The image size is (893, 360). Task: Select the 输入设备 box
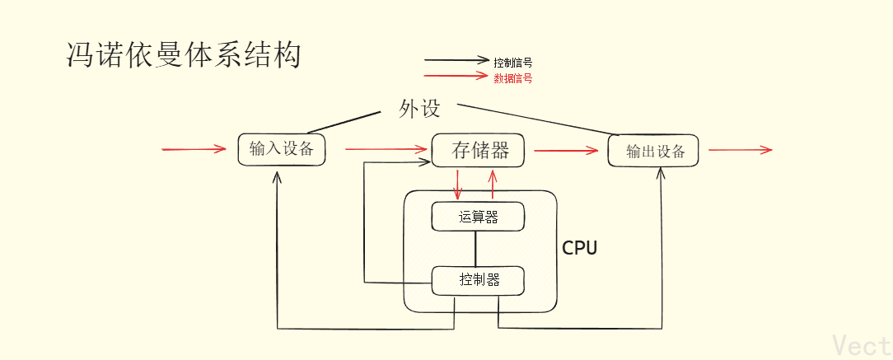[281, 149]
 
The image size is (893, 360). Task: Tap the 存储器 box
[479, 150]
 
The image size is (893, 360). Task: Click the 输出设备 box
[655, 152]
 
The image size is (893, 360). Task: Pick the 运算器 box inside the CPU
[478, 217]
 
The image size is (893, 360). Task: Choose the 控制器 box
[479, 280]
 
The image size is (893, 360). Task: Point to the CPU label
[579, 248]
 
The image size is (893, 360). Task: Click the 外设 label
[420, 109]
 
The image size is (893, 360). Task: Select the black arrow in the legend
[456, 60]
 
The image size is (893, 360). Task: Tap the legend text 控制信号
[512, 62]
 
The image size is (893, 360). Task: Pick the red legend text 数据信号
[512, 78]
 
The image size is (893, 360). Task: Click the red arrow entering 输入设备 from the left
[194, 149]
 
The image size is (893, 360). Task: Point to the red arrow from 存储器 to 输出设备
[566, 151]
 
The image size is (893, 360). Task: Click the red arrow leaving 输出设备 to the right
[740, 150]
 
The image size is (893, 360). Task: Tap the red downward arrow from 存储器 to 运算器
[458, 184]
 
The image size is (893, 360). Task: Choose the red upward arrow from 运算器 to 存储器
[493, 184]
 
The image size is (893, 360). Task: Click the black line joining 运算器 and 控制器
[475, 248]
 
